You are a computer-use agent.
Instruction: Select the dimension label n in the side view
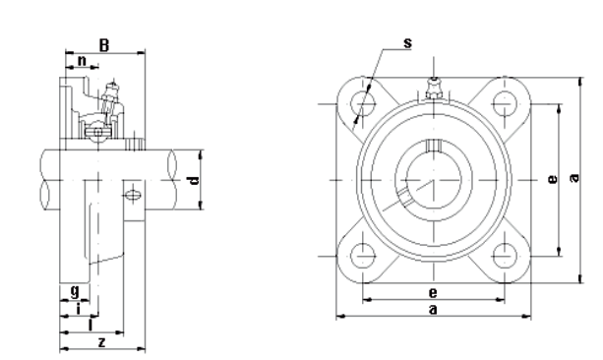83,62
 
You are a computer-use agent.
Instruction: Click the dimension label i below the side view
79,308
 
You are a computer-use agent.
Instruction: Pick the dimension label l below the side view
90,324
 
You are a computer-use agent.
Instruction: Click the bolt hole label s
407,42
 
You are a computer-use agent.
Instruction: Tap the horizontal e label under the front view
433,292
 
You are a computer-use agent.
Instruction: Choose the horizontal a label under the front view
433,309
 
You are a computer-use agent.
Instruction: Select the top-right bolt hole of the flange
504,102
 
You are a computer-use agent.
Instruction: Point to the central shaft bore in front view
433,179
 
